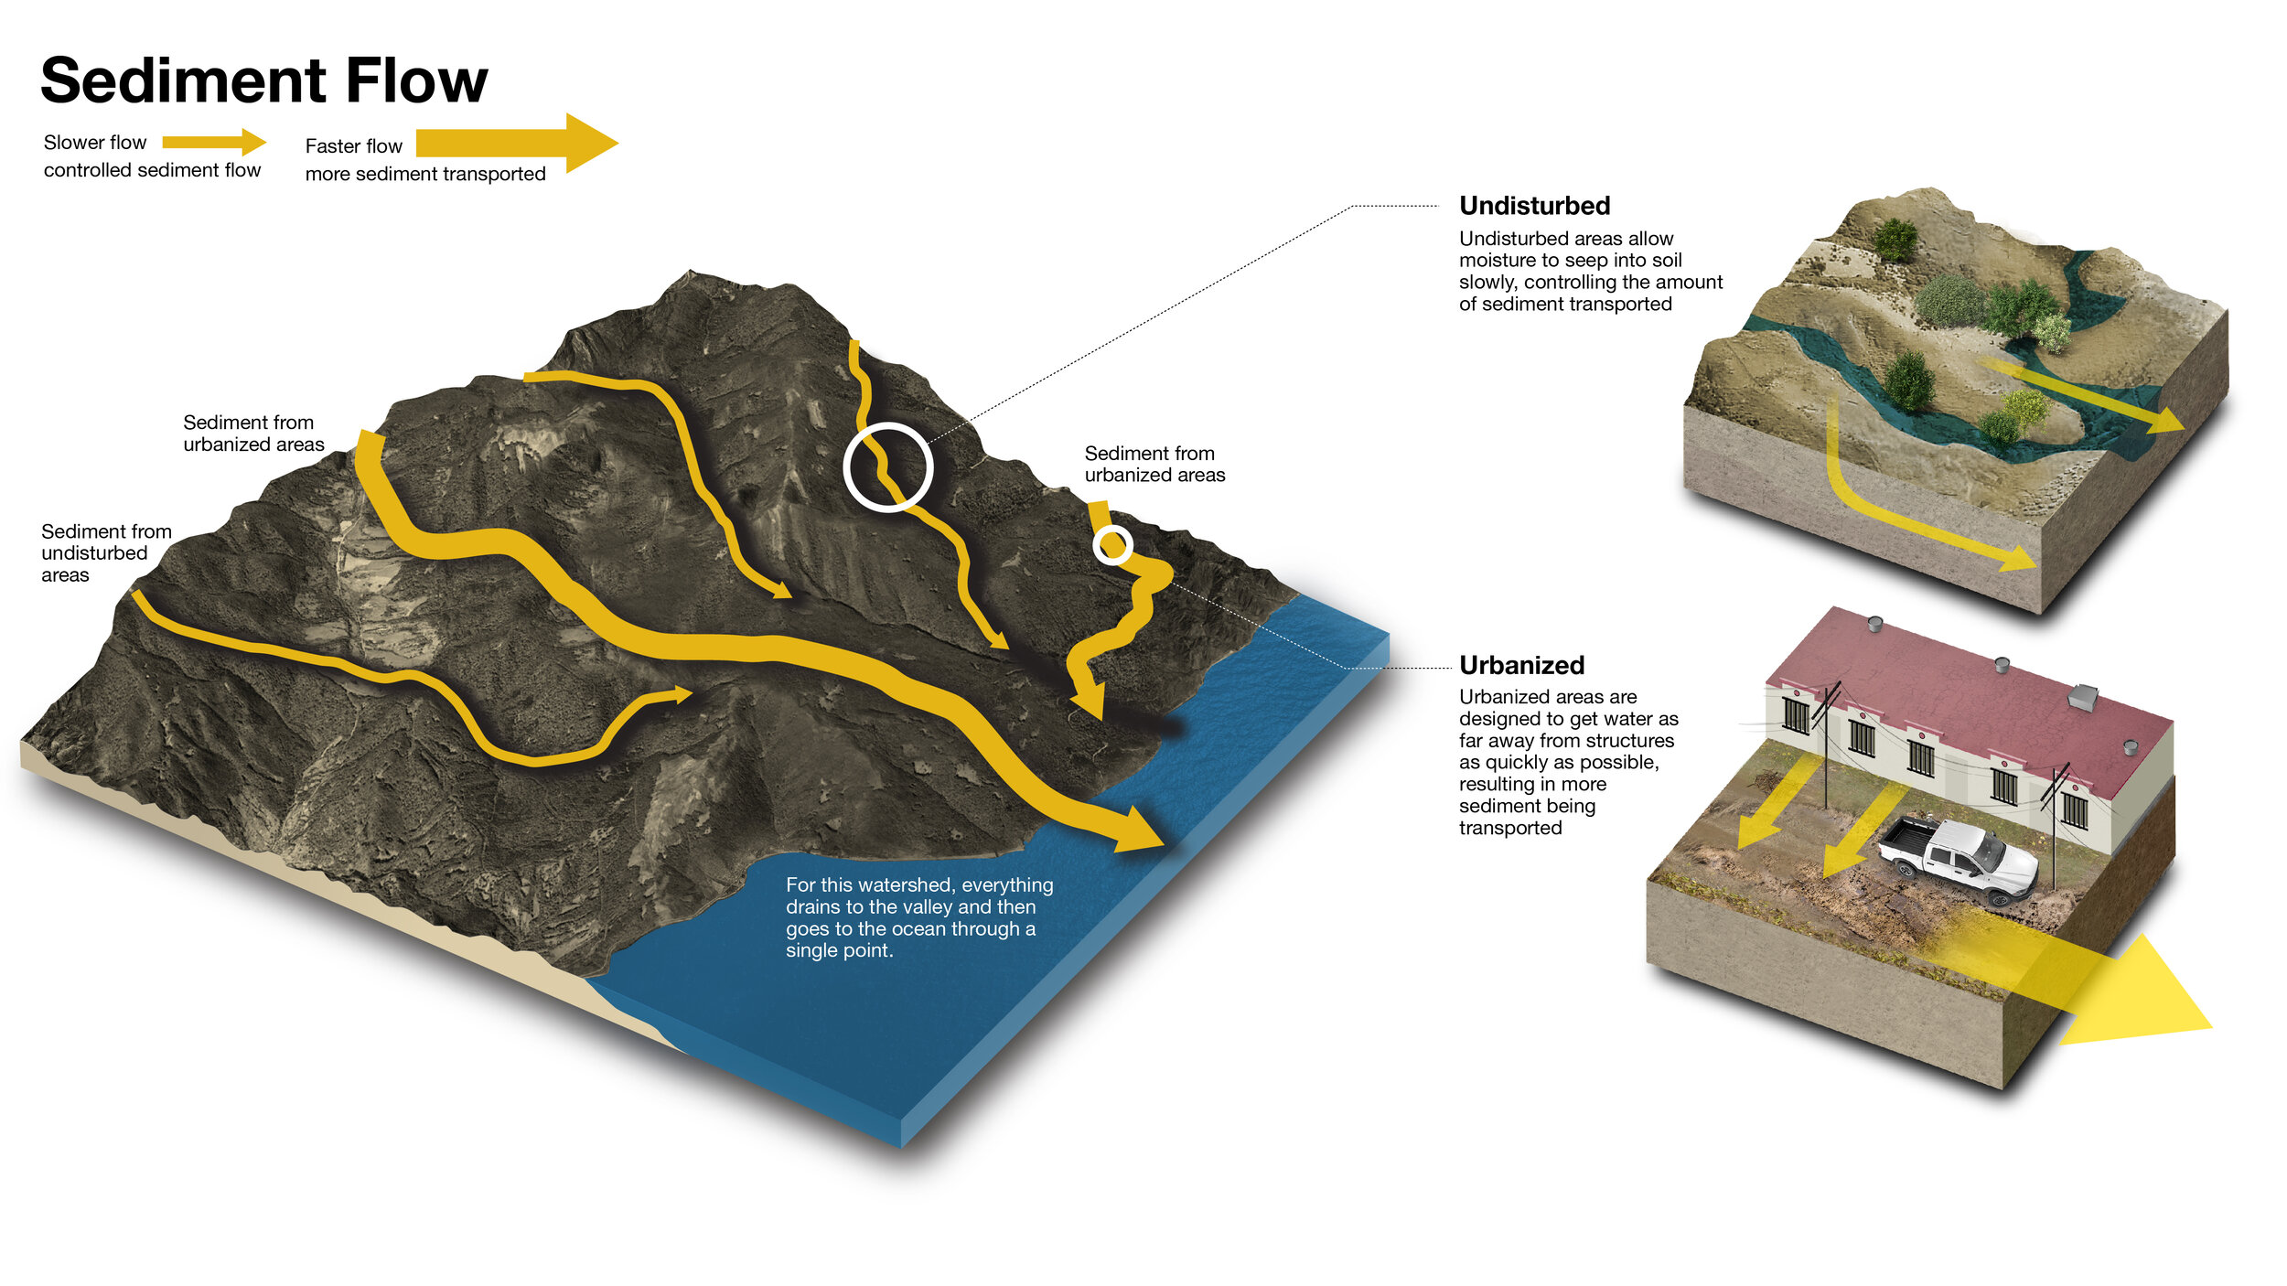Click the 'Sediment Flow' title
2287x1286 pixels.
(x=264, y=80)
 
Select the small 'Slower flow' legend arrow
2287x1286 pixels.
(x=214, y=142)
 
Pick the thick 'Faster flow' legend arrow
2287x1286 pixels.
(x=516, y=143)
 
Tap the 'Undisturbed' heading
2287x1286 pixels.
(x=1534, y=206)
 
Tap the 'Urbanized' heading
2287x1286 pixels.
(x=1521, y=665)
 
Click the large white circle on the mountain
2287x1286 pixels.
(x=887, y=467)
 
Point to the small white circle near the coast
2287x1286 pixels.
(x=1112, y=546)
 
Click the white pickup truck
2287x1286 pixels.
(x=1958, y=855)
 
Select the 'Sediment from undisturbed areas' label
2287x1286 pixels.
(x=105, y=552)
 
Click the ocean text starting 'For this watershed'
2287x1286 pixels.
(x=918, y=917)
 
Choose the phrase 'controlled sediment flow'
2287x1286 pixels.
(x=152, y=170)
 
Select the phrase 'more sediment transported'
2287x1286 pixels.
(x=425, y=174)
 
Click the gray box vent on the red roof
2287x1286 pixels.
(x=2082, y=697)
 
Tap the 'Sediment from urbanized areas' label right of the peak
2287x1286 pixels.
(x=1154, y=464)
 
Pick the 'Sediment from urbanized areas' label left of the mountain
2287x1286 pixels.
(x=253, y=433)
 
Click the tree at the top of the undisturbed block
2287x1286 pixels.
(x=1895, y=240)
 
